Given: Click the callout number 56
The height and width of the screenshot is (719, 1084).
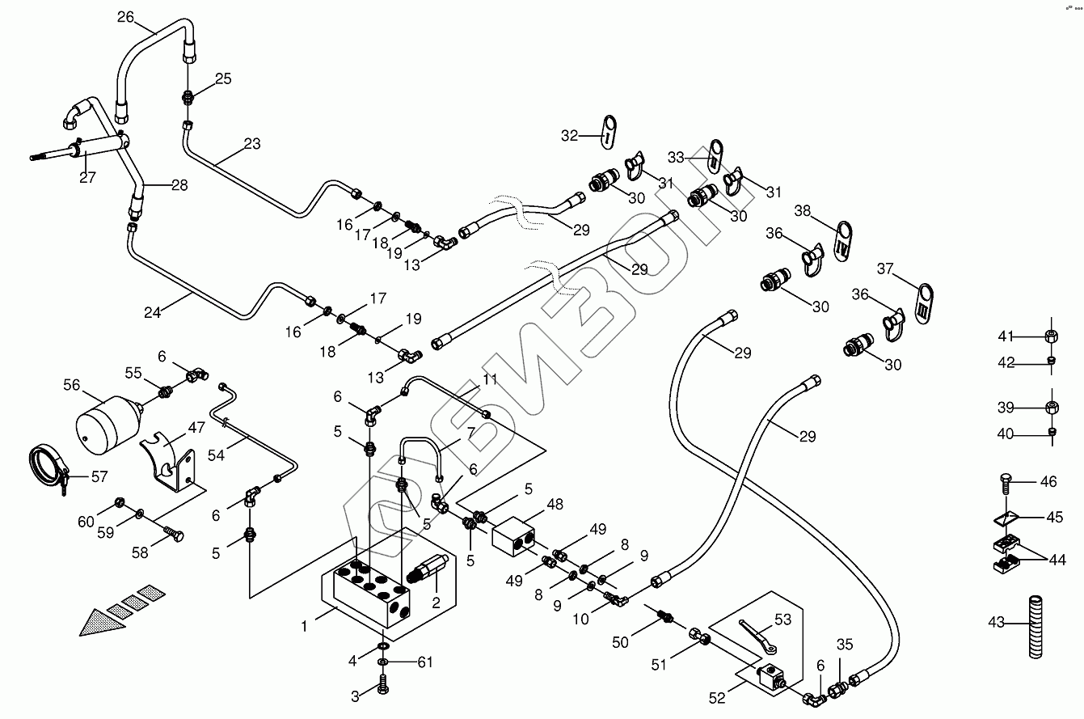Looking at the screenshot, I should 72,385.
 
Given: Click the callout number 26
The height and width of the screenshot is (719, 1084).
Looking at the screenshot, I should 125,16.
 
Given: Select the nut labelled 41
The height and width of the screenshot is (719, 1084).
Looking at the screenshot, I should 1052,336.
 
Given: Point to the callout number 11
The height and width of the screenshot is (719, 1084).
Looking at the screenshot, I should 490,379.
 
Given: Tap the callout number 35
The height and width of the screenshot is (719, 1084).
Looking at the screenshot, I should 845,645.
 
